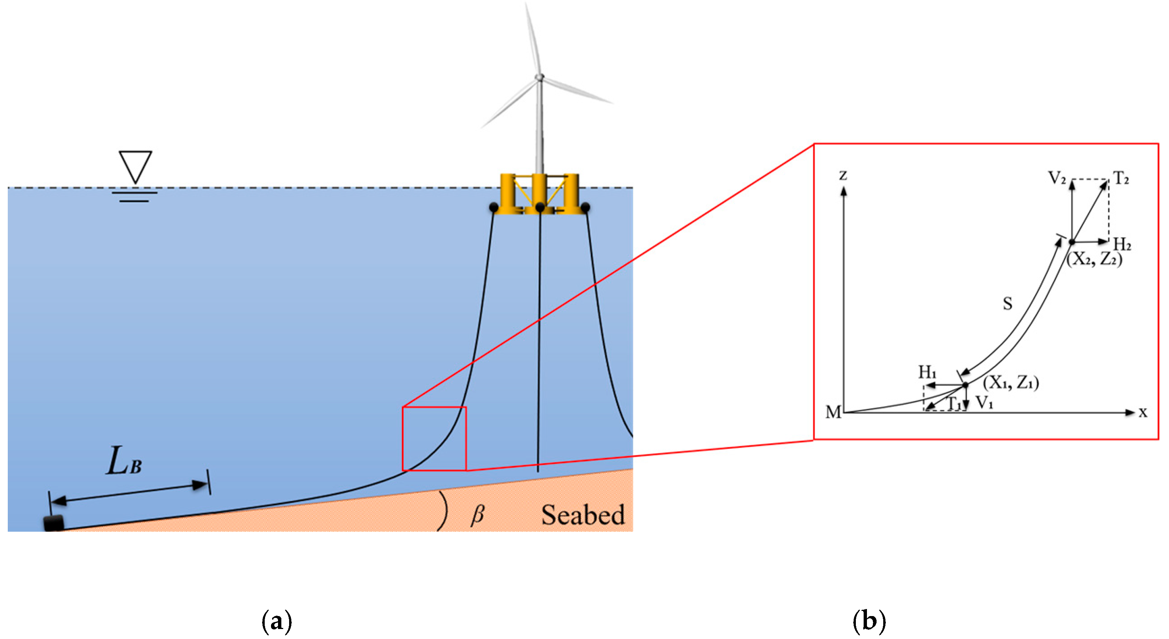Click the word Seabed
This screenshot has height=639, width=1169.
click(583, 515)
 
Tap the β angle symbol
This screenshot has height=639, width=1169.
click(477, 515)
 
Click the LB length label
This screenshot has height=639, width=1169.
click(123, 461)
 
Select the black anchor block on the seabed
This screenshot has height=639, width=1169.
click(54, 523)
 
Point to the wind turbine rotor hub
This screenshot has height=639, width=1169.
click(539, 77)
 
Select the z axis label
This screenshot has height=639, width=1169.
click(843, 175)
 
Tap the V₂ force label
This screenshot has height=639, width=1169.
click(1057, 178)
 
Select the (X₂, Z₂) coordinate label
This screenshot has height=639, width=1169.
click(1094, 259)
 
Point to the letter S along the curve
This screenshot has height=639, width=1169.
click(1007, 303)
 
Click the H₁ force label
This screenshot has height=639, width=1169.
click(927, 372)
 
